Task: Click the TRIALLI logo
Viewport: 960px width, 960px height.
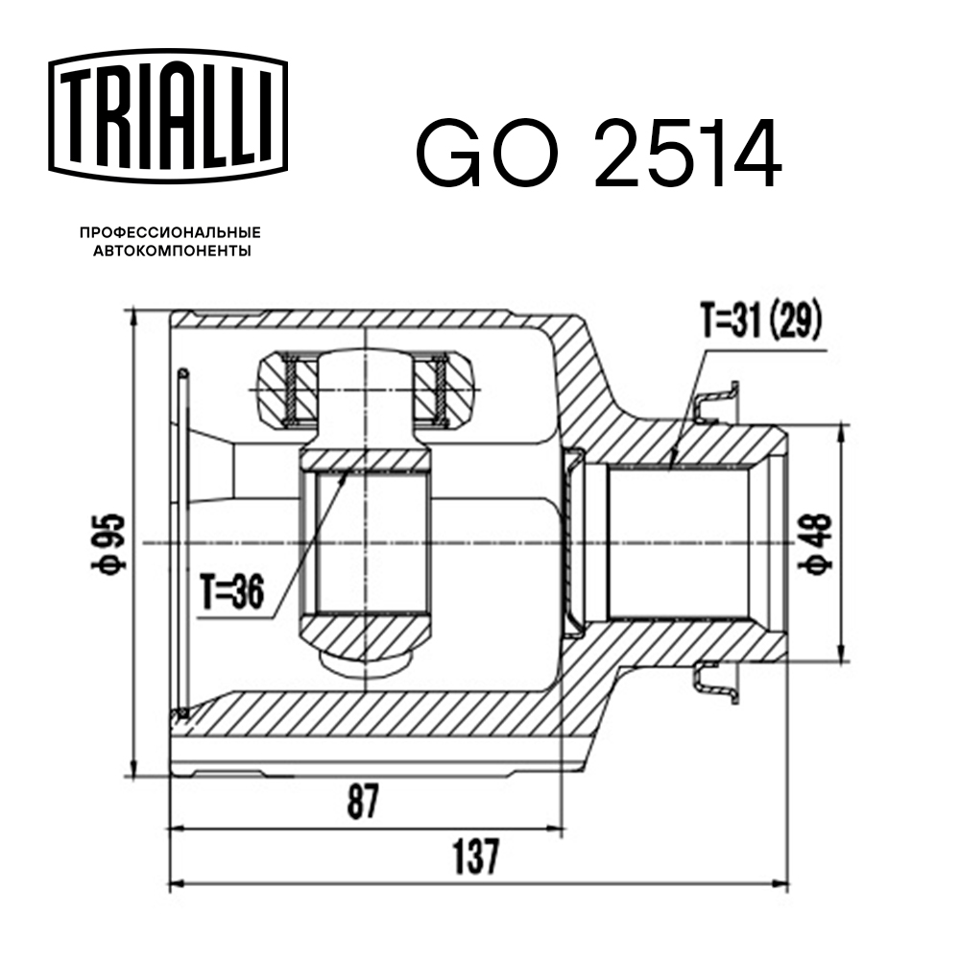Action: pos(168,113)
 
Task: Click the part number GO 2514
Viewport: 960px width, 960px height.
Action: pos(597,154)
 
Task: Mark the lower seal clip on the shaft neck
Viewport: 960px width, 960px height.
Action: pos(714,683)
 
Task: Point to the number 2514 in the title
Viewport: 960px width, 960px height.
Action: pos(686,154)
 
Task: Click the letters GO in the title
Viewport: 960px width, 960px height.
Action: pos(485,154)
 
